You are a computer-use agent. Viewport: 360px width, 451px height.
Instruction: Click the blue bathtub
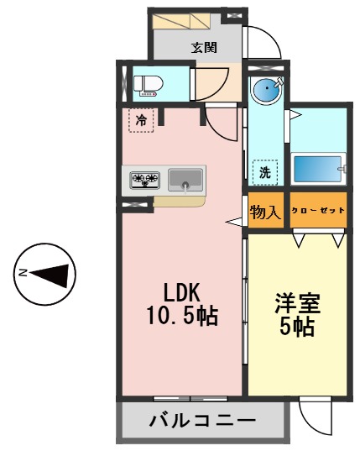(x=316, y=170)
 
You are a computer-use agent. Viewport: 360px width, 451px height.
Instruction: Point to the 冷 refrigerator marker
(x=141, y=119)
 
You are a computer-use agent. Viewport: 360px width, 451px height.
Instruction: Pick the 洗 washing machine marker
(x=264, y=172)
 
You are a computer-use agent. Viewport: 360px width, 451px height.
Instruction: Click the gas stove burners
(x=145, y=179)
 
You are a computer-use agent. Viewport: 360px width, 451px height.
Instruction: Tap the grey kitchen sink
(x=185, y=179)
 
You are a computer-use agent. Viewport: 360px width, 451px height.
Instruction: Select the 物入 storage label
(x=265, y=212)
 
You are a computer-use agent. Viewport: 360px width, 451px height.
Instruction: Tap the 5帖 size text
(x=296, y=326)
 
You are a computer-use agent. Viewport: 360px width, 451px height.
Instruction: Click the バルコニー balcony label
(x=203, y=421)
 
